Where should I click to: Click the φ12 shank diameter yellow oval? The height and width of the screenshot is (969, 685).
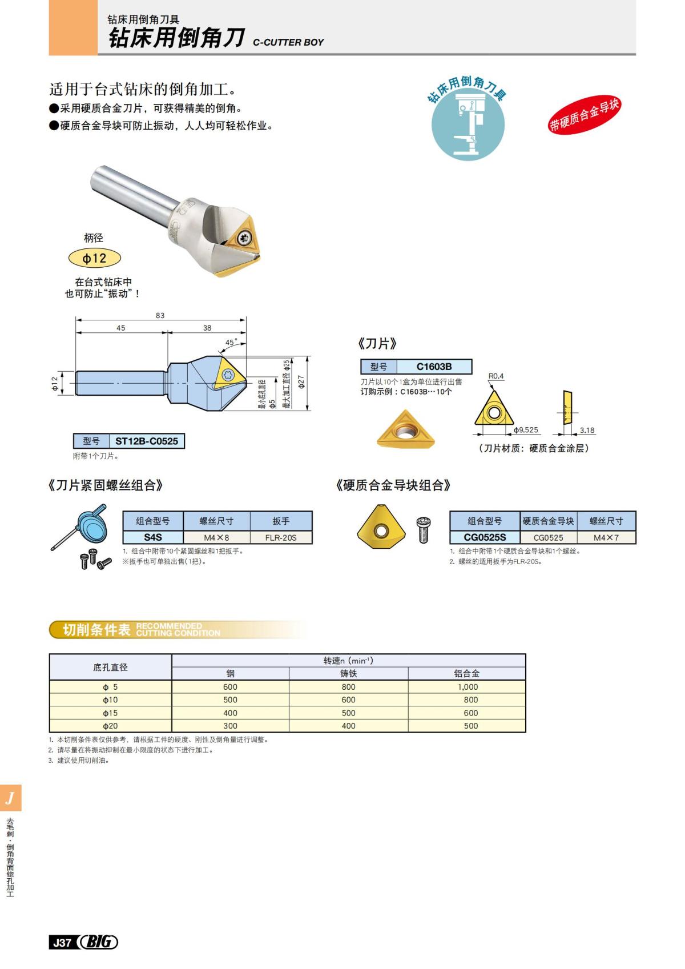click(95, 258)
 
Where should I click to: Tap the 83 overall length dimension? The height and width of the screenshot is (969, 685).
click(160, 315)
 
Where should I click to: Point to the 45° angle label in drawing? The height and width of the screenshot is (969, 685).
click(231, 343)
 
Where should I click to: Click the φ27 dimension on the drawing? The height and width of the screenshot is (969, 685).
click(301, 382)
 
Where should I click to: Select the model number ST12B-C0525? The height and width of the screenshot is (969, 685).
click(146, 441)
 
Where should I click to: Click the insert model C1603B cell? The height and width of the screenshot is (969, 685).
click(434, 367)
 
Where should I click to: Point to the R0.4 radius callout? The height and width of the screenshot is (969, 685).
click(496, 376)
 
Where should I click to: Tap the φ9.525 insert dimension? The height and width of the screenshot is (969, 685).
click(525, 430)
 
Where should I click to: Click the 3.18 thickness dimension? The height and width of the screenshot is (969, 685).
click(587, 430)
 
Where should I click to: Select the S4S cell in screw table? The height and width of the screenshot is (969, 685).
click(152, 537)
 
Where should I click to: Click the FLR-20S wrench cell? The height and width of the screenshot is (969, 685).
click(280, 537)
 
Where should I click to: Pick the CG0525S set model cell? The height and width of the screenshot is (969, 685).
click(484, 537)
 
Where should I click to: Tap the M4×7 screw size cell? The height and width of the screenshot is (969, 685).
click(606, 537)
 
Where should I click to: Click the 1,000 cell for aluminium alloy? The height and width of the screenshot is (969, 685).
click(467, 687)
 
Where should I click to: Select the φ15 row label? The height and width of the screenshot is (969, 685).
click(110, 713)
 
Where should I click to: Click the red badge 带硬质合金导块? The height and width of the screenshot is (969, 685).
click(583, 115)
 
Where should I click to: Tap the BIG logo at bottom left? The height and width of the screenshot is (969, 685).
click(98, 942)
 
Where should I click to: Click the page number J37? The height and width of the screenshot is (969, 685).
click(61, 943)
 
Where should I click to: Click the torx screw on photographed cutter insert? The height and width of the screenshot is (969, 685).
click(245, 239)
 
